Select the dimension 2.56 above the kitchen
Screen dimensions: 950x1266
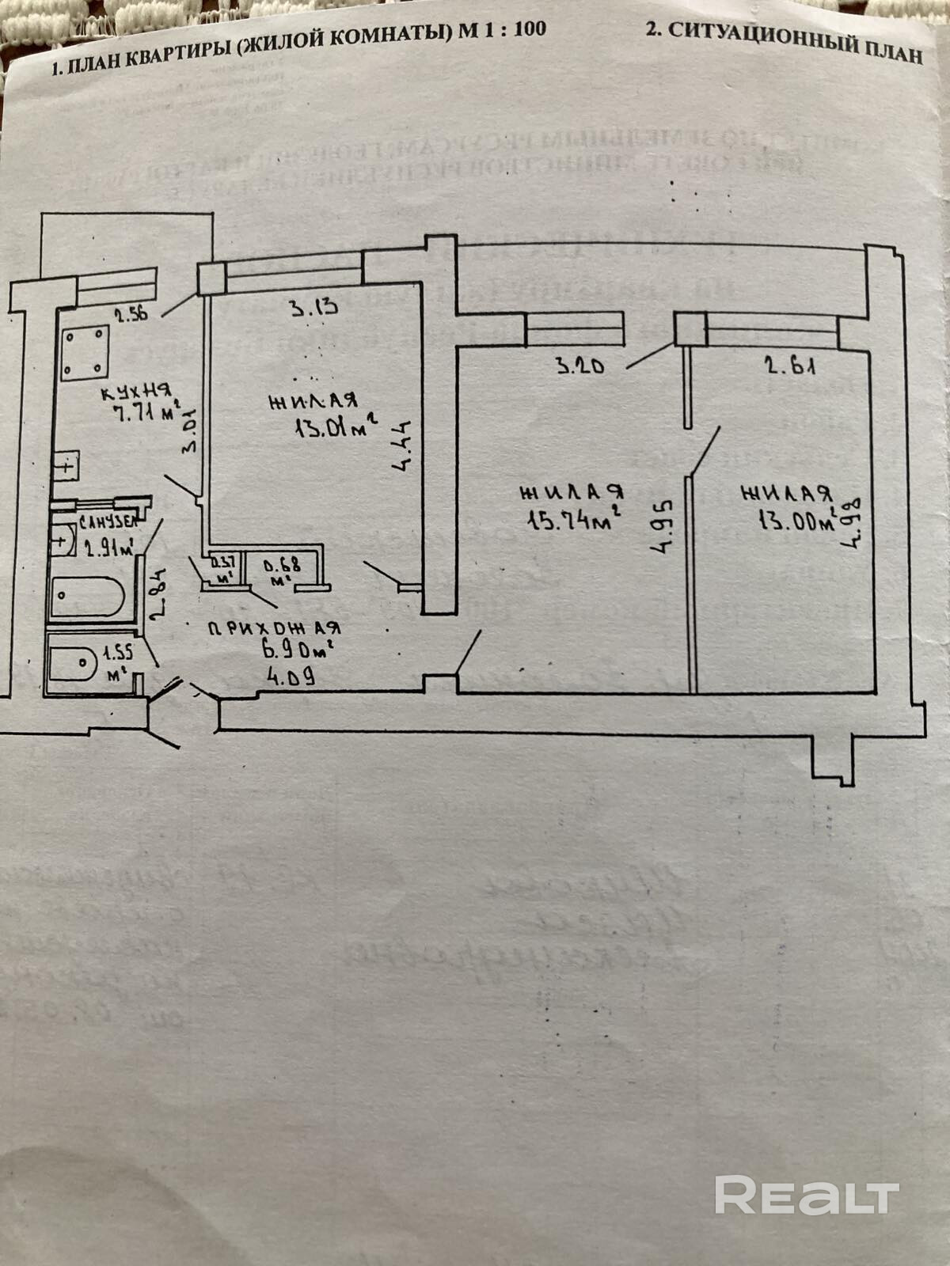pyautogui.click(x=131, y=315)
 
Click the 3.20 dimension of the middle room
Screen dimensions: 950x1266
pyautogui.click(x=580, y=366)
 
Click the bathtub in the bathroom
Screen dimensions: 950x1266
pyautogui.click(x=87, y=596)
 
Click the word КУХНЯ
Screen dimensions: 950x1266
pyautogui.click(x=136, y=392)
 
